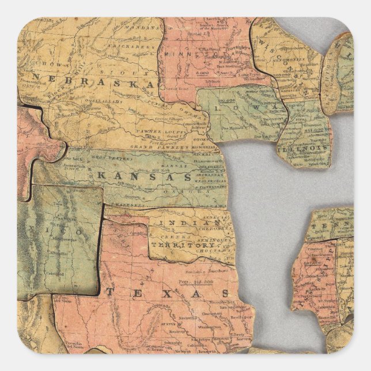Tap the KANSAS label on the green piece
[145, 176]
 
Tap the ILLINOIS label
[302, 148]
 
